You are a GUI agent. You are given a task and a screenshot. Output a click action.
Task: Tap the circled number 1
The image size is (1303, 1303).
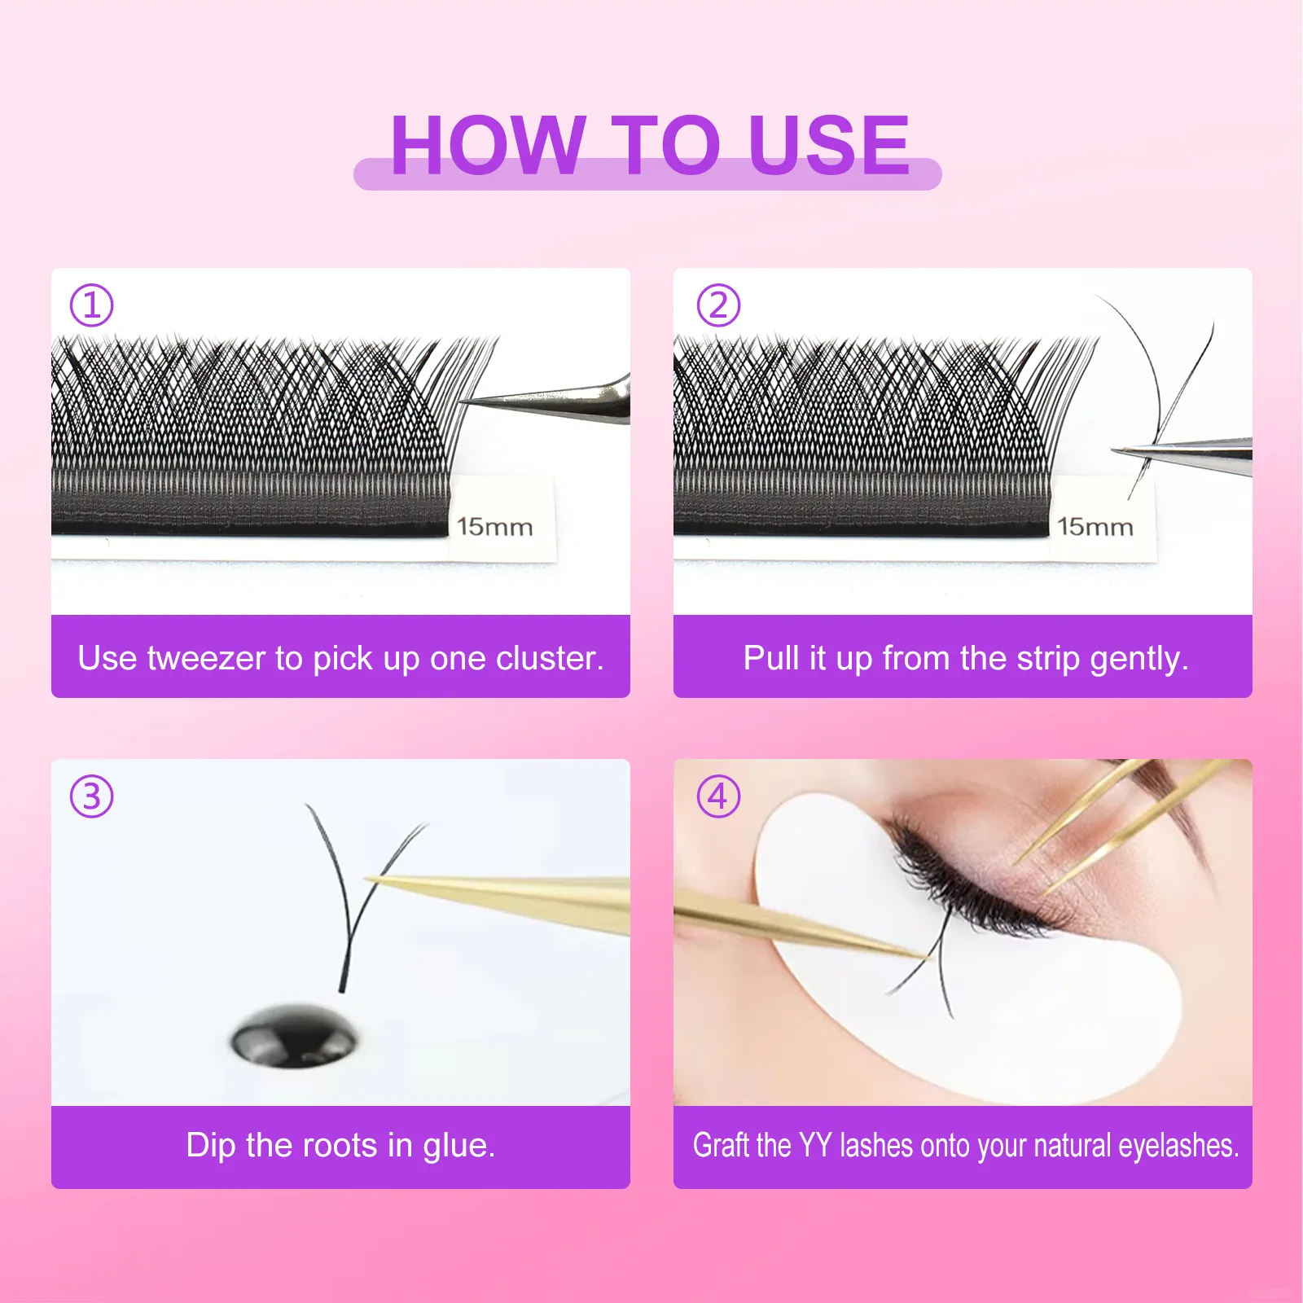coord(91,305)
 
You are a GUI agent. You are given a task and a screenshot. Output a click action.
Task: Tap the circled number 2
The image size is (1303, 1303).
coord(718,305)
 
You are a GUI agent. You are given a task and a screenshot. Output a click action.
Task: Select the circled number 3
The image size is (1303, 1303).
coord(91,796)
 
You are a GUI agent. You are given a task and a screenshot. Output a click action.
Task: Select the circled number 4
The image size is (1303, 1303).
coord(718,796)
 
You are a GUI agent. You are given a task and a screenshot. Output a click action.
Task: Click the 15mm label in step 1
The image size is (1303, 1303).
coord(494,527)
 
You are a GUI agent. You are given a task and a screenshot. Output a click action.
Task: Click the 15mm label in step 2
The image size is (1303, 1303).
coord(1095,527)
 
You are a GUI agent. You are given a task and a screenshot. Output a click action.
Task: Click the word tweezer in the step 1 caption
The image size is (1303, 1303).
coord(206,658)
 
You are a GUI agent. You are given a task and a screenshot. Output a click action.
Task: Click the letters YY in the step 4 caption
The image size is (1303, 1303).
coord(814,1146)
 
